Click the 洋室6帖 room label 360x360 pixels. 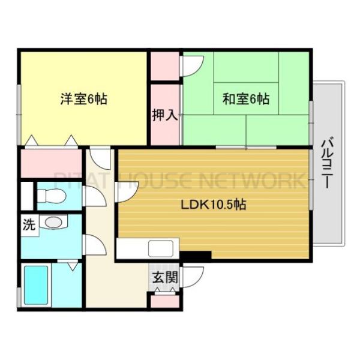[83, 100]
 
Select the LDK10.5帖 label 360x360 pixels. [214, 204]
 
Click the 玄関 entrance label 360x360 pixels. [164, 277]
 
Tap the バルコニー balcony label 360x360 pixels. [328, 162]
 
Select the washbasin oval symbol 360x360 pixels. [53, 223]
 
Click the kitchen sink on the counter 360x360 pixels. [160, 248]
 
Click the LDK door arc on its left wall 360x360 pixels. [127, 191]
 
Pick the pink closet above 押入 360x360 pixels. [164, 67]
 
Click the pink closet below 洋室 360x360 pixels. [50, 163]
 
